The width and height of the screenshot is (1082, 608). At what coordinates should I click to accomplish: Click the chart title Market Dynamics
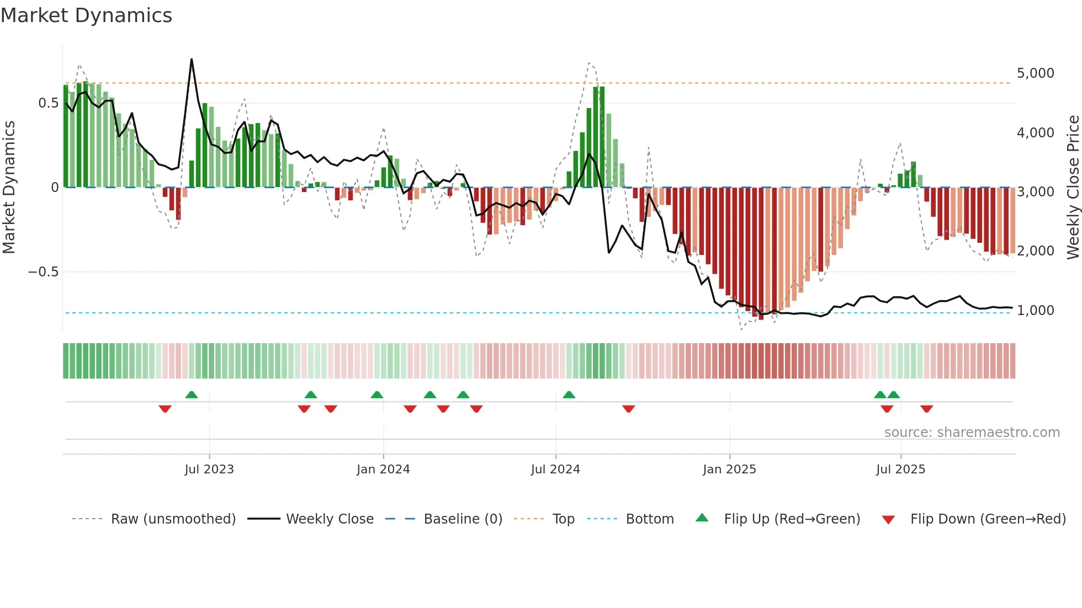[x=87, y=15]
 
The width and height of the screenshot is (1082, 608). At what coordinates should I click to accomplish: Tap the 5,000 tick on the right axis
[x=1035, y=73]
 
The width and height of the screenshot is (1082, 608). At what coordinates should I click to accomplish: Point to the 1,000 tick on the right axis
[x=1035, y=311]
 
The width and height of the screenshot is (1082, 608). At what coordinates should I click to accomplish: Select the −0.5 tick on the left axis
[x=43, y=272]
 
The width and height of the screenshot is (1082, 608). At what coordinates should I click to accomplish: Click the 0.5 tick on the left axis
[x=48, y=103]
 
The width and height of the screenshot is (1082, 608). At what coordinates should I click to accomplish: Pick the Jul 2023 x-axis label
[x=209, y=470]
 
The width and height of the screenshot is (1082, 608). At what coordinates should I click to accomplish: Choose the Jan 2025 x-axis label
[x=729, y=470]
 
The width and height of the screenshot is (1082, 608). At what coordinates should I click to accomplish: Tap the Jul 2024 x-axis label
[x=555, y=470]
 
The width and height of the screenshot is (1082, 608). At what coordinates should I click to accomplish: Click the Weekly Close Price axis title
[x=1073, y=187]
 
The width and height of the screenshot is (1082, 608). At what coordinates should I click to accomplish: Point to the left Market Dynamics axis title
[x=9, y=187]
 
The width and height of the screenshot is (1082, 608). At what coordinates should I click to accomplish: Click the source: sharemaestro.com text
[x=972, y=433]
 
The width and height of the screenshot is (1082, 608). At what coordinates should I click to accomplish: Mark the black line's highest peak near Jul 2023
[x=192, y=59]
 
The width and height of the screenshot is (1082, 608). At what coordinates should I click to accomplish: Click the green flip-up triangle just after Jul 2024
[x=569, y=394]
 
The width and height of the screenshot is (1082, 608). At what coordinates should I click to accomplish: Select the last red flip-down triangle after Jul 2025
[x=926, y=409]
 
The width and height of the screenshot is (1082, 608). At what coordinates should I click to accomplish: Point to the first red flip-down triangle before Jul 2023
[x=165, y=409]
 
